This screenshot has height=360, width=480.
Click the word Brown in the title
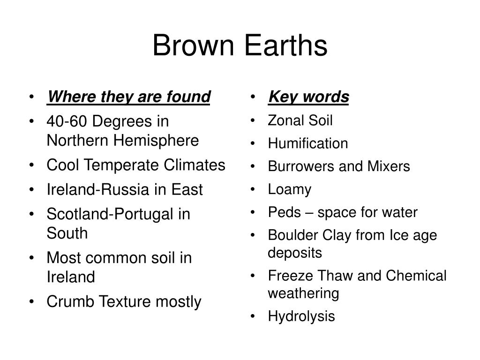coord(194,45)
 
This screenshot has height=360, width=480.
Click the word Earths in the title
coord(286,45)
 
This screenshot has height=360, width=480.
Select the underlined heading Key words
coord(308,97)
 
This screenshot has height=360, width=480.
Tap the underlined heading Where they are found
coord(128,97)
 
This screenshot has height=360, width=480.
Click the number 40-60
coord(67,121)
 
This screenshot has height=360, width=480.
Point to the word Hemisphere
coord(156,141)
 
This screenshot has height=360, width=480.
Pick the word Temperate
coord(121,165)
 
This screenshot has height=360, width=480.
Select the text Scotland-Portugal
coord(110,214)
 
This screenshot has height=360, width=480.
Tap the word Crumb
coord(70,301)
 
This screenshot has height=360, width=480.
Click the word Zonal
coord(285,120)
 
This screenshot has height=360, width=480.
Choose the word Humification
coord(308,143)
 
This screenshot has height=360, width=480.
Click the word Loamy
coord(290,190)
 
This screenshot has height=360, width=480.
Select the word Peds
coord(285,212)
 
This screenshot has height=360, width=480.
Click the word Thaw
coord(336,276)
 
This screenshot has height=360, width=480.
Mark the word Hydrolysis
coord(301,316)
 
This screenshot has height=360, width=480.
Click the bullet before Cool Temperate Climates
coord(31,165)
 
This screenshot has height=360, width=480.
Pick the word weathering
coord(303,293)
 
